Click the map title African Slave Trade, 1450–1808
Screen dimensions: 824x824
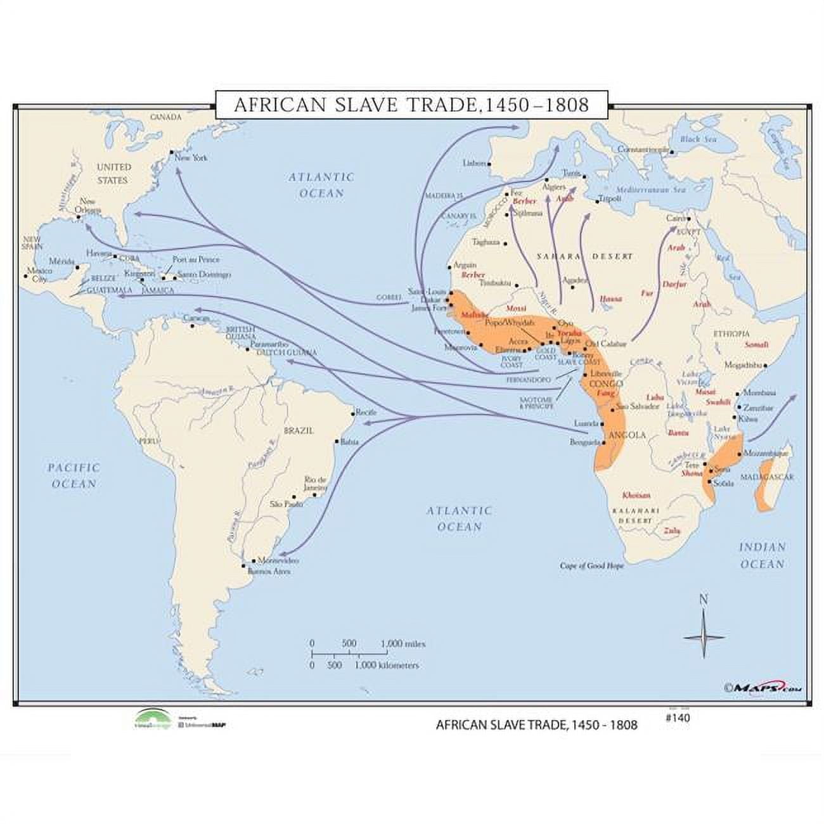[x=411, y=105]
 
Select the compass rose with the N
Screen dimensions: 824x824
[x=704, y=636]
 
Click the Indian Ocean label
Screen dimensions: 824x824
[x=762, y=555]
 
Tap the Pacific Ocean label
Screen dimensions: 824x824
[x=73, y=475]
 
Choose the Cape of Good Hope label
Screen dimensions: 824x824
[x=591, y=565]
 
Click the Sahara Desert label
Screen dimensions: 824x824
[x=584, y=256]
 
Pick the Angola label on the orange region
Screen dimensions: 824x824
[x=626, y=435]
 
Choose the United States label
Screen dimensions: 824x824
[x=114, y=173]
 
